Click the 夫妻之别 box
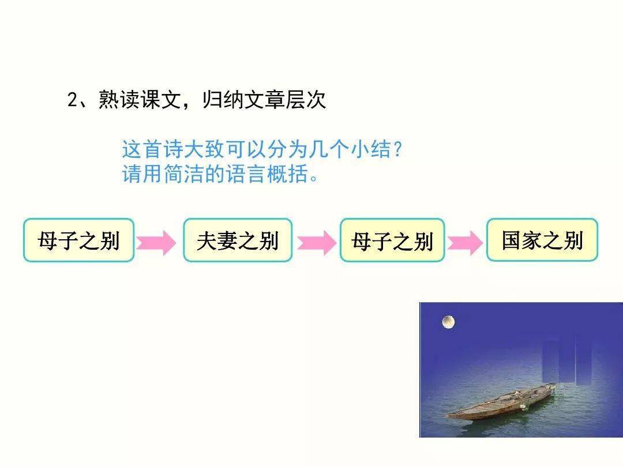(238, 240)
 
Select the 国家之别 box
(542, 240)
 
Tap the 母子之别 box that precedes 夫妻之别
(78, 240)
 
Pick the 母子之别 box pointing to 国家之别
(392, 240)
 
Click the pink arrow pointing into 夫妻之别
(156, 242)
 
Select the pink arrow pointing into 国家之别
(466, 242)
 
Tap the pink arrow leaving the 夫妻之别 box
(317, 242)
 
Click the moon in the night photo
(448, 322)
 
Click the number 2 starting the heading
(72, 100)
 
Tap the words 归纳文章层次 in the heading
(264, 99)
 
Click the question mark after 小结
(397, 150)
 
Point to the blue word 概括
(287, 174)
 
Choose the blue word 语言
(246, 174)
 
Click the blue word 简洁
(183, 174)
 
